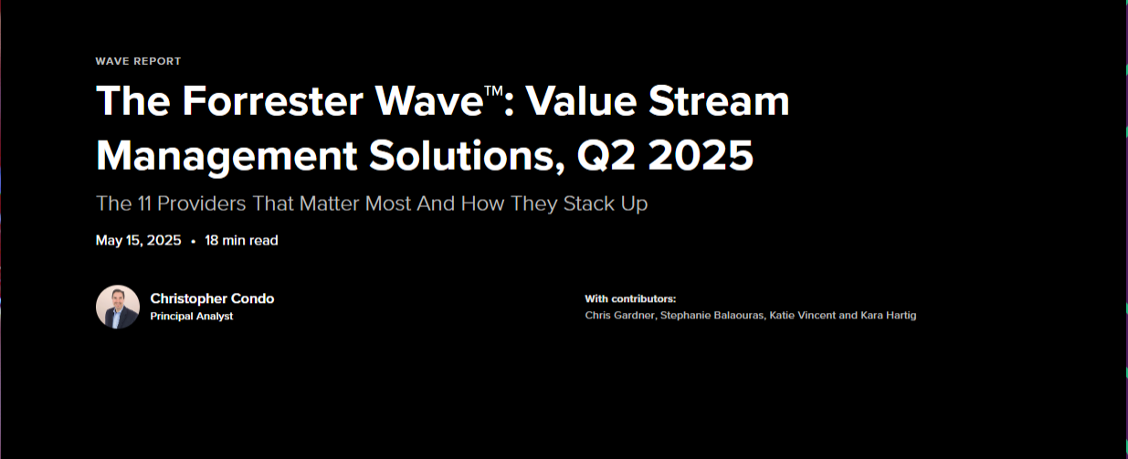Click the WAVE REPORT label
click(x=138, y=61)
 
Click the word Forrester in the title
click(x=272, y=101)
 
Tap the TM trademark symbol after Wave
click(x=493, y=90)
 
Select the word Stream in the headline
click(x=719, y=101)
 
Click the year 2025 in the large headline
click(x=701, y=155)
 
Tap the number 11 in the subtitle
click(x=144, y=203)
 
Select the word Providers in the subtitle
click(x=202, y=203)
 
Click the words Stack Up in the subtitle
click(x=606, y=204)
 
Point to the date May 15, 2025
click(x=139, y=241)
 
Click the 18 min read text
click(x=241, y=241)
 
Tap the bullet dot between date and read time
click(x=194, y=242)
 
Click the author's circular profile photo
click(x=118, y=307)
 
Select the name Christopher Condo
click(x=212, y=298)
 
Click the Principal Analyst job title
click(x=192, y=316)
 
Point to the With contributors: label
click(x=630, y=298)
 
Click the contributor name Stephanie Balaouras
click(x=712, y=315)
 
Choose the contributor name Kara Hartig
click(x=889, y=316)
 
